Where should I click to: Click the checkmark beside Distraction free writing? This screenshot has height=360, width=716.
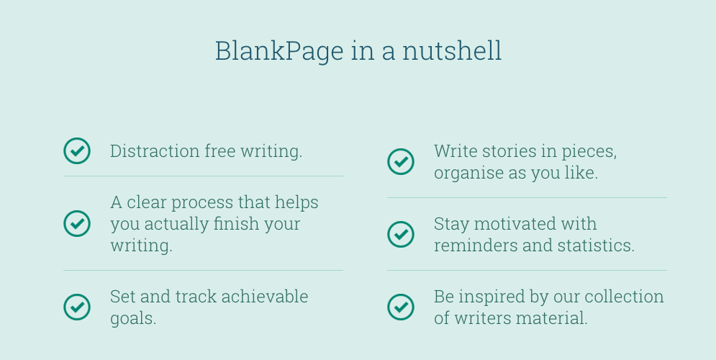[77, 151]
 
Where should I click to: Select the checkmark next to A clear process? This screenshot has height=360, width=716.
[77, 223]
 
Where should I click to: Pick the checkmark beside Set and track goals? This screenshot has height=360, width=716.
[77, 307]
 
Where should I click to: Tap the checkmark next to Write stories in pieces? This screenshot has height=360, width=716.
[401, 161]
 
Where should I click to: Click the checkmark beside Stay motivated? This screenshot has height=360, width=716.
[401, 234]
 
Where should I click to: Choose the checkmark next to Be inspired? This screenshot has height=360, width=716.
[401, 307]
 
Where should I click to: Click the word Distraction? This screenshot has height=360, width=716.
[155, 151]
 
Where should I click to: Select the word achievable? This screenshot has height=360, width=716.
[265, 297]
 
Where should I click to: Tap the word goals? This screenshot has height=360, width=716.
[132, 318]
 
